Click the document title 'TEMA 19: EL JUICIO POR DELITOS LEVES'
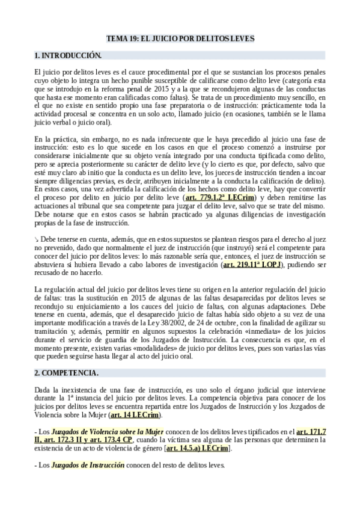(x=180, y=38)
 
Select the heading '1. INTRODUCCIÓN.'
(x=68, y=55)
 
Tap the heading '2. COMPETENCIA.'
(x=66, y=373)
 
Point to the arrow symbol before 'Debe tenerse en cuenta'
(x=37, y=223)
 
